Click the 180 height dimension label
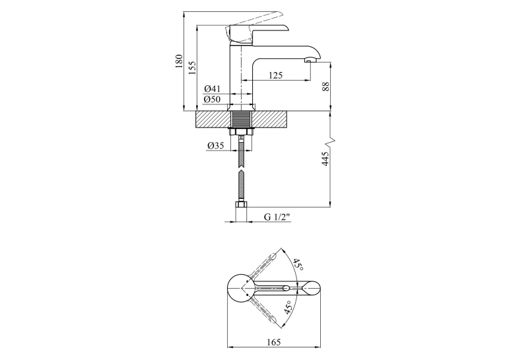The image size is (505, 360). click(179, 61)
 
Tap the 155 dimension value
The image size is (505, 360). click(191, 67)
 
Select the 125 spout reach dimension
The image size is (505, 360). click(276, 75)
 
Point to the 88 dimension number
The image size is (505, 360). click(326, 87)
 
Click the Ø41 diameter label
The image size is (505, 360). click(212, 89)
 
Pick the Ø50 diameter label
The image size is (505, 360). click(212, 99)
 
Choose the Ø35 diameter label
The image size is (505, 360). click(216, 146)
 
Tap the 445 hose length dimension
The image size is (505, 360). click(325, 159)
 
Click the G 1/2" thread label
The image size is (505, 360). click(277, 217)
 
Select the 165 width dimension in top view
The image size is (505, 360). click(274, 342)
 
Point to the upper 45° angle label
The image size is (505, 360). click(298, 264)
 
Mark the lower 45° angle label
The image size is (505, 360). click(288, 307)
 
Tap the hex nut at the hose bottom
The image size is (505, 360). click(241, 204)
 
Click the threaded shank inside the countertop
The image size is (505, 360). click(241, 120)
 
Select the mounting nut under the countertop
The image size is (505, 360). click(241, 131)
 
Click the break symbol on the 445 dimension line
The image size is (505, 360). click(331, 139)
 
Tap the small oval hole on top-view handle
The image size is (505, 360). click(286, 288)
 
